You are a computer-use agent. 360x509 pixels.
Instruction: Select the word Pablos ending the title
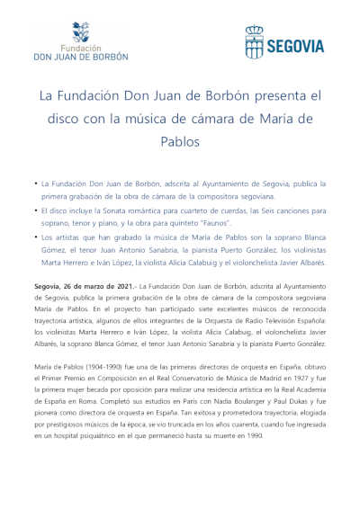[180, 140]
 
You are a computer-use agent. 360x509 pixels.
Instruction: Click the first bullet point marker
[34, 183]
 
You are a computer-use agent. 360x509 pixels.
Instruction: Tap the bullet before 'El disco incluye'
[34, 210]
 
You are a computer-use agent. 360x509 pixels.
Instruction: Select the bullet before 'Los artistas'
[34, 237]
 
